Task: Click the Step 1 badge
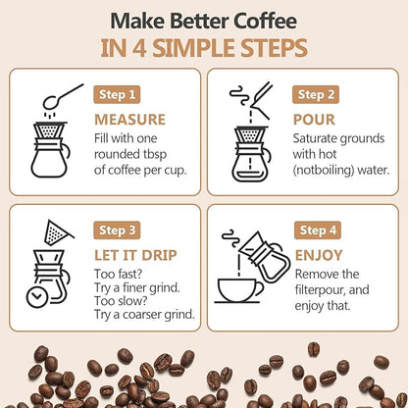point(118,94)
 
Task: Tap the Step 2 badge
point(317,94)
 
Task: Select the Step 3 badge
point(118,229)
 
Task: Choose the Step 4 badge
point(317,229)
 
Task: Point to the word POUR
point(314,120)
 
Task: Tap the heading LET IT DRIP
point(135,255)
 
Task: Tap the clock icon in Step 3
point(36,293)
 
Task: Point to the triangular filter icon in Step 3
point(58,232)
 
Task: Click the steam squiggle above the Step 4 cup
point(229,239)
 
